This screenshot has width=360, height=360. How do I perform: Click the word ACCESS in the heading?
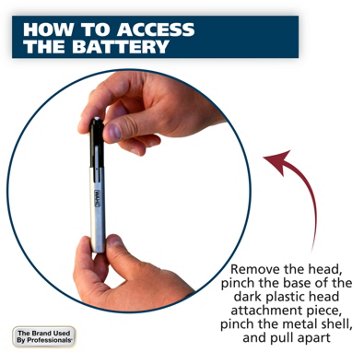coord(156,30)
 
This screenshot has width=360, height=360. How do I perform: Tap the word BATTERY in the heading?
coord(121,47)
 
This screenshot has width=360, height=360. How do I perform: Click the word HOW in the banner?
coord(44,30)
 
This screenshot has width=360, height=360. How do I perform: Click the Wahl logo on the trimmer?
coord(97,198)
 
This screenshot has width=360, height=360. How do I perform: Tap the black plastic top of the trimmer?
coord(97,143)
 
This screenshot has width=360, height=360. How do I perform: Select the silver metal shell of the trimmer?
coord(98,210)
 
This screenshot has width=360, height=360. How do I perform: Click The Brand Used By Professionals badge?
coord(44,336)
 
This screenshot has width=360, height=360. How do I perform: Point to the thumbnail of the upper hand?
coord(114,132)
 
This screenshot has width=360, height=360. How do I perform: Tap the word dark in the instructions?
coord(246,296)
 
